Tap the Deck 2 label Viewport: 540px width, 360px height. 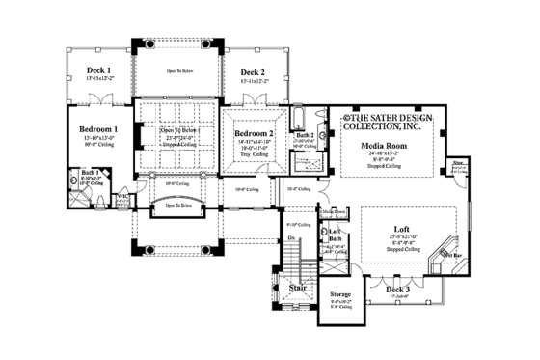coord(252,71)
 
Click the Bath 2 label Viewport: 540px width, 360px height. coord(306,136)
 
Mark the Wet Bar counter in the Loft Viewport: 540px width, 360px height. coord(443,253)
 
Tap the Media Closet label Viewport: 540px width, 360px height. coord(334,211)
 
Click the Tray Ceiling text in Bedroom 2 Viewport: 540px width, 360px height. coord(255,152)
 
